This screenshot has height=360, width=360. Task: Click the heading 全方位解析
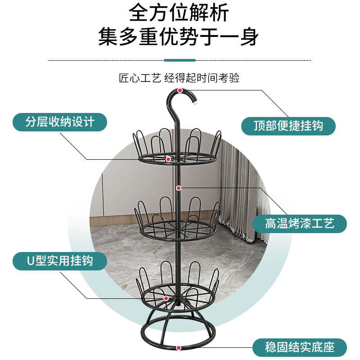(x=179, y=13)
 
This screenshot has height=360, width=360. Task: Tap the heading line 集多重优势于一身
(x=179, y=37)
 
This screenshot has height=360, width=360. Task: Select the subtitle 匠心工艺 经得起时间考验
(x=179, y=78)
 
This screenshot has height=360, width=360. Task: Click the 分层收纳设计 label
(x=60, y=122)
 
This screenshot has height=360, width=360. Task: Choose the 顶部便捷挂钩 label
(x=288, y=126)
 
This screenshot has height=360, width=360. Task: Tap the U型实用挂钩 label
(x=60, y=261)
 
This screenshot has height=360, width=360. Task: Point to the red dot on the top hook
(x=180, y=91)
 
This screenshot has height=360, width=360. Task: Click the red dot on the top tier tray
(x=168, y=159)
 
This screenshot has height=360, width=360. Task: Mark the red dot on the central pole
(x=179, y=188)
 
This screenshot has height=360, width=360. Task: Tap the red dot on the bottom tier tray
(x=166, y=298)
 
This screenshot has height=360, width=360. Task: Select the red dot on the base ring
(x=179, y=347)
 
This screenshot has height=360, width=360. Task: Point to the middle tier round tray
(x=178, y=229)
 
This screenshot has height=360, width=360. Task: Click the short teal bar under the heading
(x=180, y=60)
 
